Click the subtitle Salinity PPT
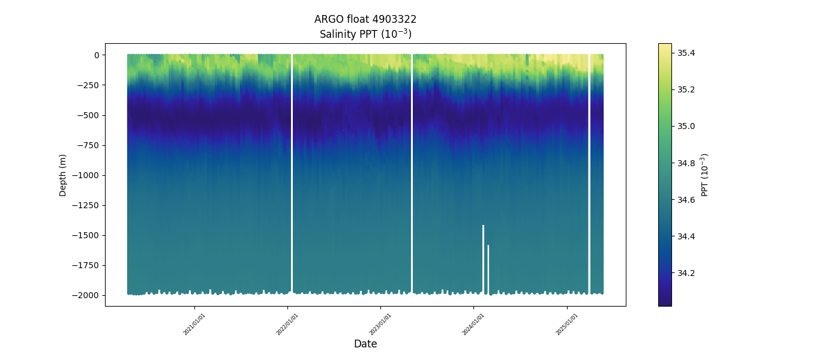365,34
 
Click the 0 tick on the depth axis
96,55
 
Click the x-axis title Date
365,344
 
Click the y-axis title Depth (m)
63,175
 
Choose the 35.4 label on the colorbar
686,53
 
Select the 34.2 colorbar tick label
686,273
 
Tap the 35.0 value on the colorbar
686,127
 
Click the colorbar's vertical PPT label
705,175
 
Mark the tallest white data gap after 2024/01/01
483,258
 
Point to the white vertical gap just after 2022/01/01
292,174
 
